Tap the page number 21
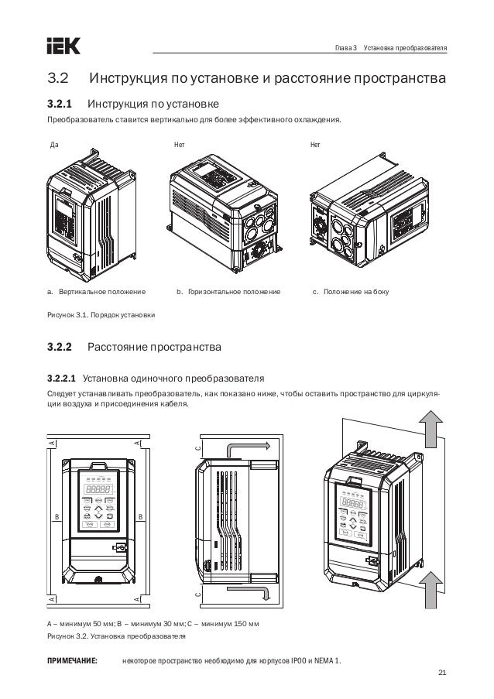click(x=442, y=670)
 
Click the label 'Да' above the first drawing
click(x=53, y=145)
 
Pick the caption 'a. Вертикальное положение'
click(x=97, y=293)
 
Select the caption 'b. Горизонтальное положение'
click(x=229, y=293)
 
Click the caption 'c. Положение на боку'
click(x=350, y=293)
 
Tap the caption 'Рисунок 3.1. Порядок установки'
click(x=101, y=316)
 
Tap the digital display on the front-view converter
click(x=98, y=489)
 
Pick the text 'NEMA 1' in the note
click(x=328, y=661)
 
